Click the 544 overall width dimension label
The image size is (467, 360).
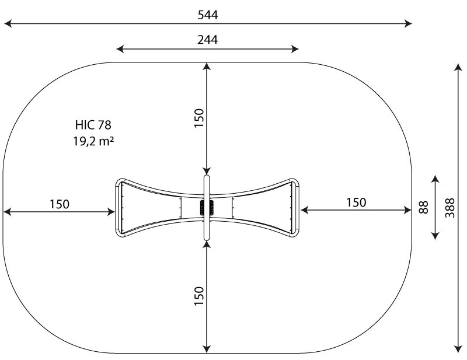click(208, 15)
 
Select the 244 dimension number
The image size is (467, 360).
click(207, 39)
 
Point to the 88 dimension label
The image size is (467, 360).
click(423, 207)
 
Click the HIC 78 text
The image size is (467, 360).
click(93, 125)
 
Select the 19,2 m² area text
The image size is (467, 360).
click(93, 141)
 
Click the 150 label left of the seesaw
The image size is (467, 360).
click(60, 204)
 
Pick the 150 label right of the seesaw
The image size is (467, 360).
click(356, 202)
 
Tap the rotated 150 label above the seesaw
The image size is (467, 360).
click(199, 118)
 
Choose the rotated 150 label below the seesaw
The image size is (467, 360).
click(199, 296)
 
